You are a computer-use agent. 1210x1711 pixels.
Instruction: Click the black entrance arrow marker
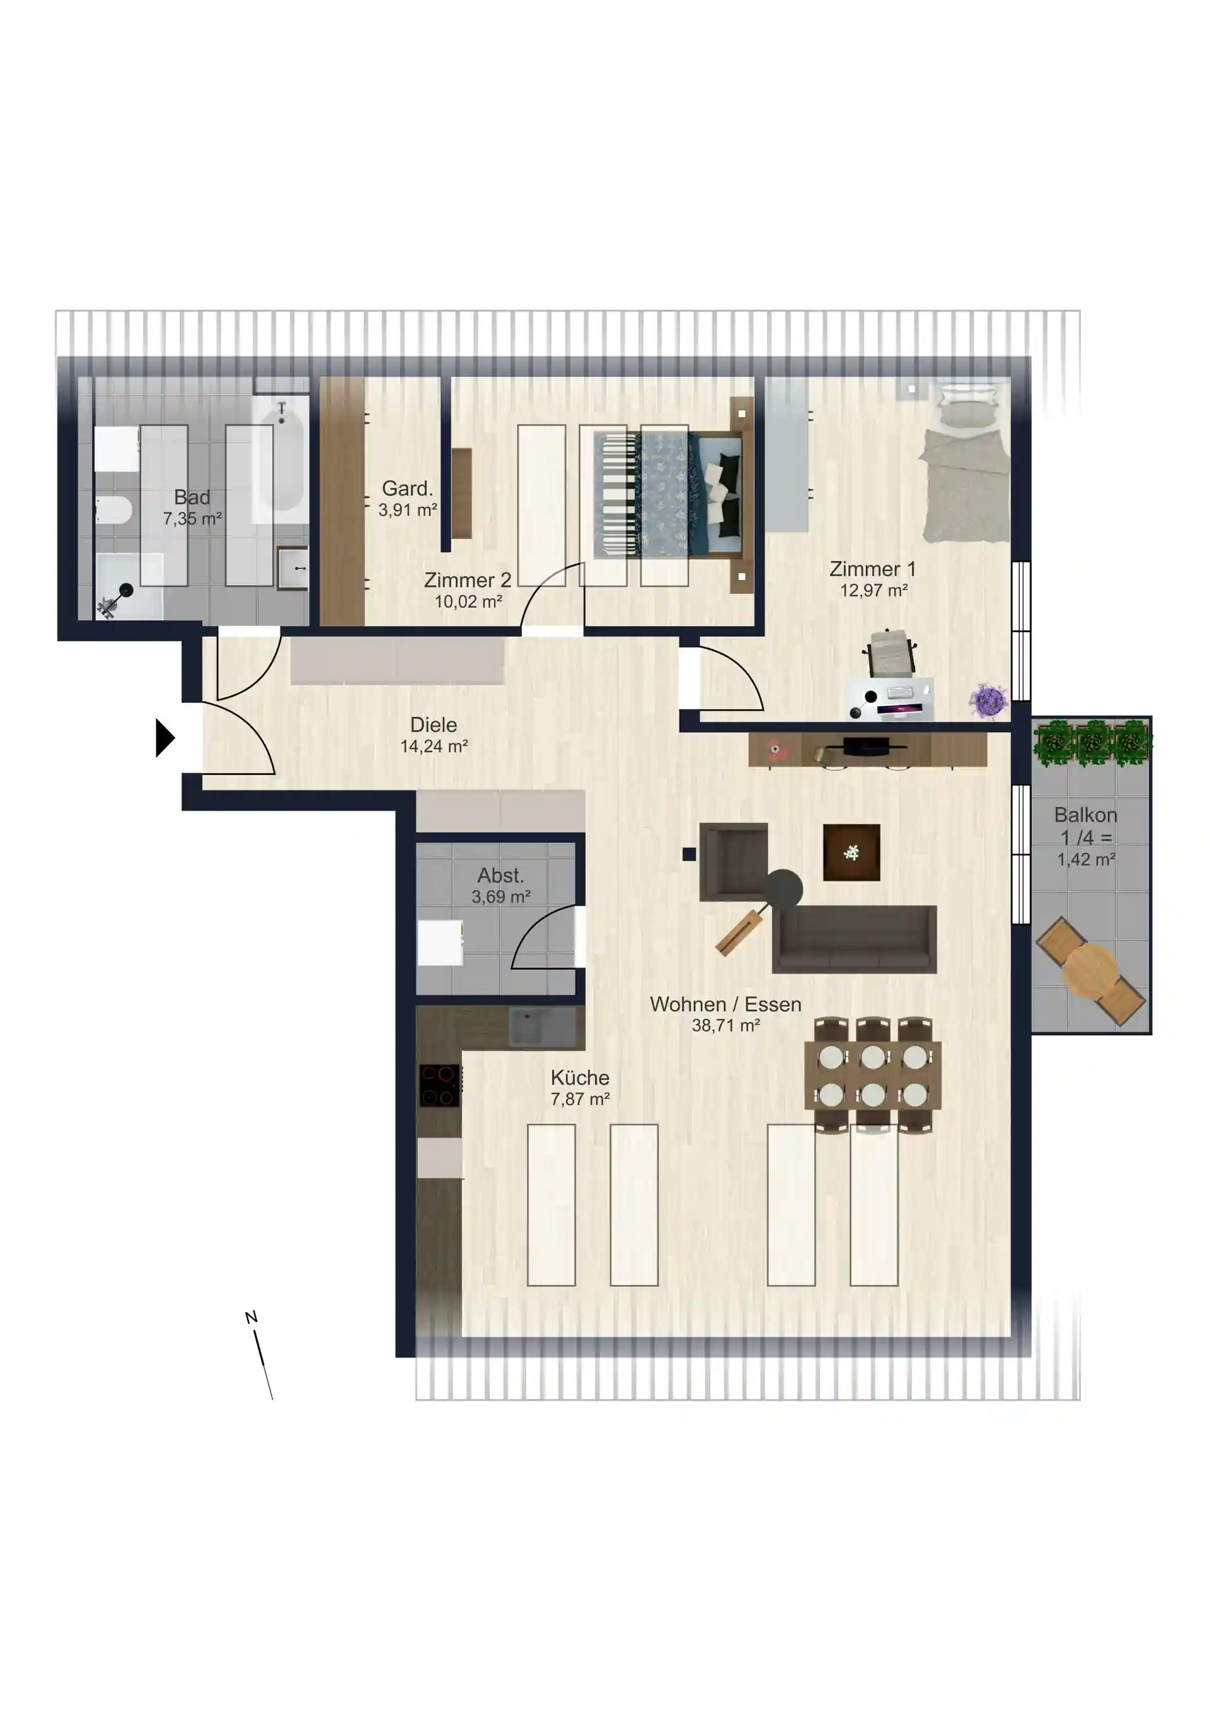click(x=164, y=738)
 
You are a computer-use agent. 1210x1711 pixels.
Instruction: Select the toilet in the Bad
click(x=113, y=510)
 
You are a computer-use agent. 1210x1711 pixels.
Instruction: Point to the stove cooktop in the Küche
click(x=440, y=1086)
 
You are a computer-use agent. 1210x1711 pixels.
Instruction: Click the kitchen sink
click(x=543, y=1026)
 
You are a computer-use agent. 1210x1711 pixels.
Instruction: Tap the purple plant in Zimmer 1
click(x=989, y=701)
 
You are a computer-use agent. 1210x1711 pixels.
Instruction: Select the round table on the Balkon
click(x=1091, y=971)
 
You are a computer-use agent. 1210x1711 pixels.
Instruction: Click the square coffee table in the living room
click(x=851, y=852)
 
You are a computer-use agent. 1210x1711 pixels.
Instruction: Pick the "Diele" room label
click(x=434, y=725)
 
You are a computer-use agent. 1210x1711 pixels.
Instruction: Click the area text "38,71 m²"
click(x=726, y=1026)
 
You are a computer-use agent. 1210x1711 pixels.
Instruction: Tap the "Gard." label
click(x=408, y=489)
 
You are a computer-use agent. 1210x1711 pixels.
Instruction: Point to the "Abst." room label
click(x=500, y=876)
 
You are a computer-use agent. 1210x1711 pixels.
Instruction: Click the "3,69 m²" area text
click(x=500, y=897)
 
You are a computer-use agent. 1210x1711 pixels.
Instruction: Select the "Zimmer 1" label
click(x=872, y=569)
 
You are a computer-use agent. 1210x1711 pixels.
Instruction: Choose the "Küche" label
click(x=580, y=1077)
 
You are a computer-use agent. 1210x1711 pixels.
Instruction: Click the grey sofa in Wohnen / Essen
click(x=855, y=939)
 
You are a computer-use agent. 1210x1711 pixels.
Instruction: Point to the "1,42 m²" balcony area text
click(x=1086, y=860)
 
